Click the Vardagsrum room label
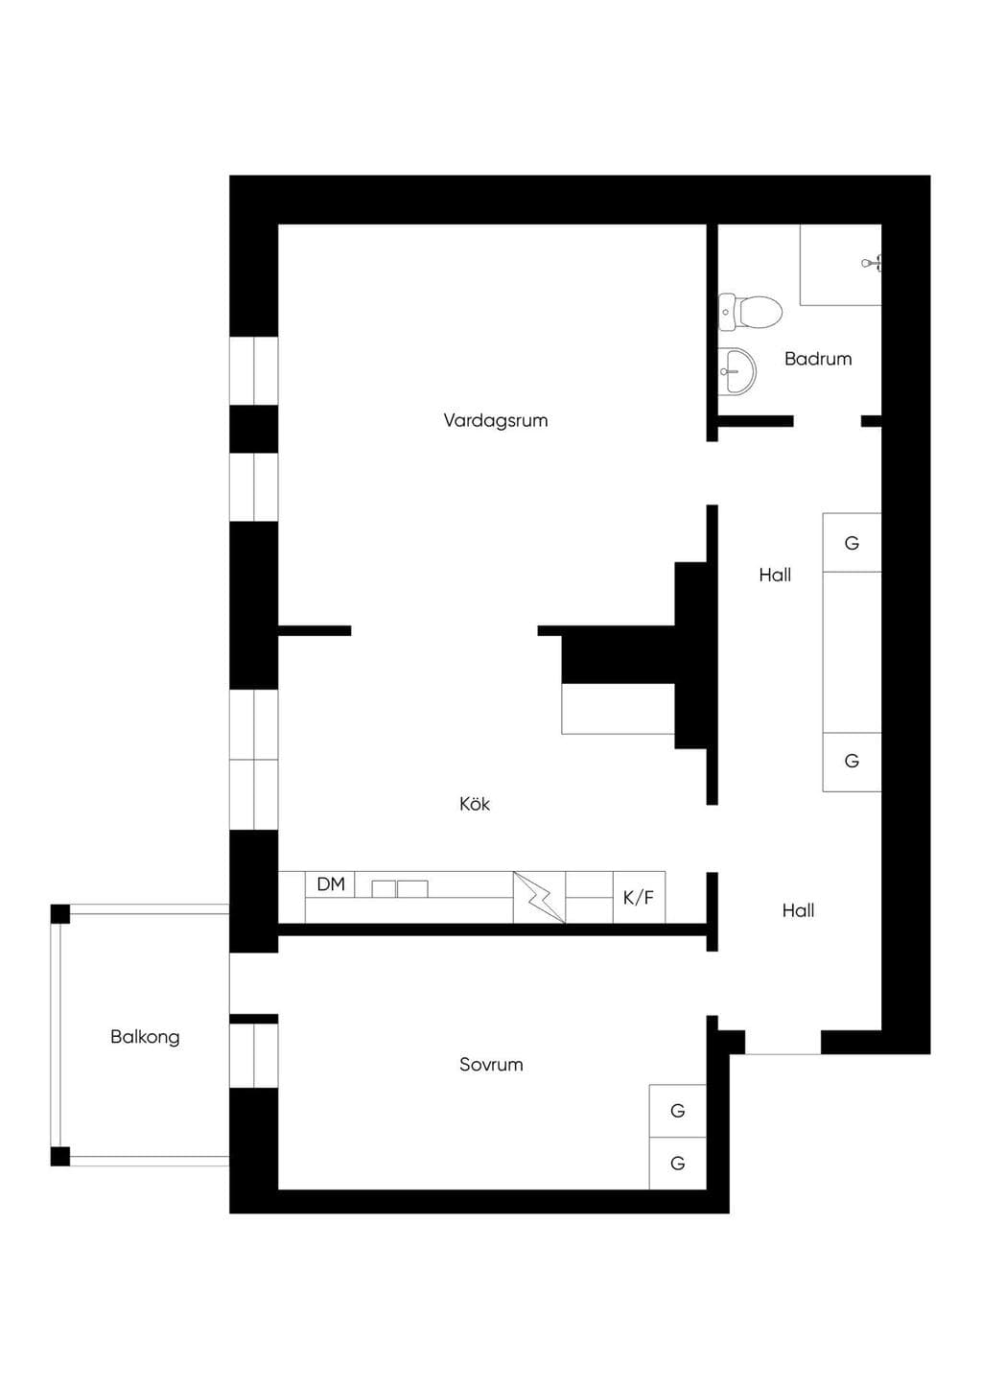[x=496, y=420]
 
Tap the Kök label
[x=475, y=804]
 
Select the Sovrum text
[x=491, y=1065]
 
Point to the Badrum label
[x=818, y=359]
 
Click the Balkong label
[x=145, y=1037]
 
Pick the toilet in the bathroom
[x=750, y=312]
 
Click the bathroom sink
[x=737, y=371]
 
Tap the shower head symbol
[x=871, y=263]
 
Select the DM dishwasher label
[x=331, y=884]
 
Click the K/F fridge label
[x=639, y=897]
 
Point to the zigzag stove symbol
[x=539, y=897]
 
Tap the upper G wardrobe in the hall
[x=852, y=543]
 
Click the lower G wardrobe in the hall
[x=852, y=762]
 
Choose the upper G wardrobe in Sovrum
[x=678, y=1111]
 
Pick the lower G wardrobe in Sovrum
[x=678, y=1164]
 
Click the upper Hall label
[x=775, y=575]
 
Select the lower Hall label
[x=798, y=910]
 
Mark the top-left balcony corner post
[x=60, y=914]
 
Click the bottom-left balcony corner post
[x=60, y=1157]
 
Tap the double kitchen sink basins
[x=399, y=888]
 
